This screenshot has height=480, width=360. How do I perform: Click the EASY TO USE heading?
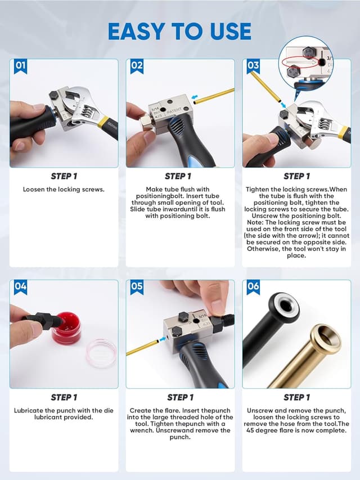point(179,31)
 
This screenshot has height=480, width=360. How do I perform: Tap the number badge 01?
point(21,66)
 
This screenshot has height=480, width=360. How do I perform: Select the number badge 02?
point(137,66)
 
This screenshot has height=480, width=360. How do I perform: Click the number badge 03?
point(253,66)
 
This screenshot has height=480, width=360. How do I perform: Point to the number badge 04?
point(21,286)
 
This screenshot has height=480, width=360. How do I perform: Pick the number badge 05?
point(137,286)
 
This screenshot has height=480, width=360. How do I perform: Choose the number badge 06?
point(253,286)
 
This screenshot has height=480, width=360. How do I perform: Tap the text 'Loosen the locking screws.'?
point(64,190)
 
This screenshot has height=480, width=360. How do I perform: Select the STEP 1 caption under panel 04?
point(64,397)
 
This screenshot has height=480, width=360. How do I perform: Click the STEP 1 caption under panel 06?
point(296,397)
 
